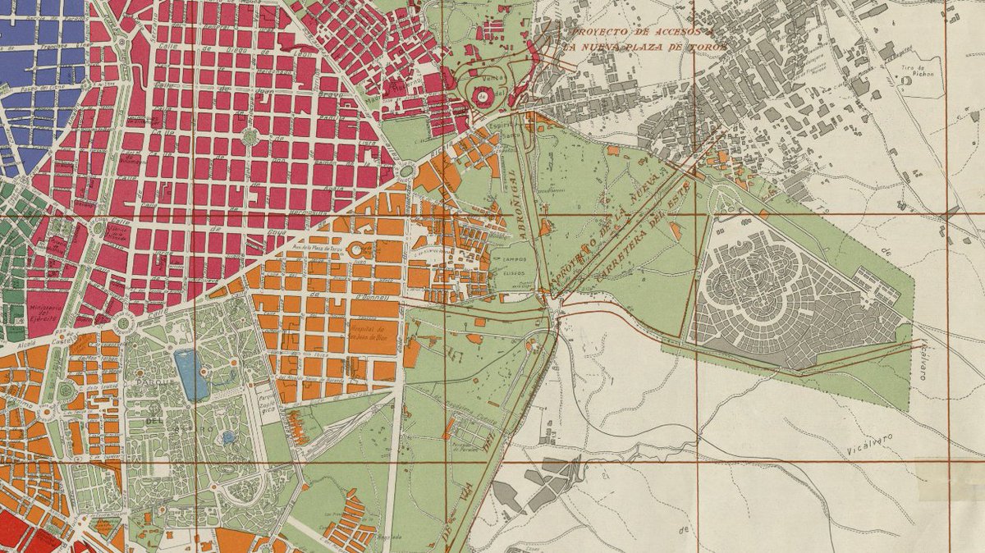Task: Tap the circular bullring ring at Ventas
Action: (480, 98)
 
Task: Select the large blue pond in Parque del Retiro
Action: (191, 374)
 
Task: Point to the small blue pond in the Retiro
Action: (229, 437)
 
